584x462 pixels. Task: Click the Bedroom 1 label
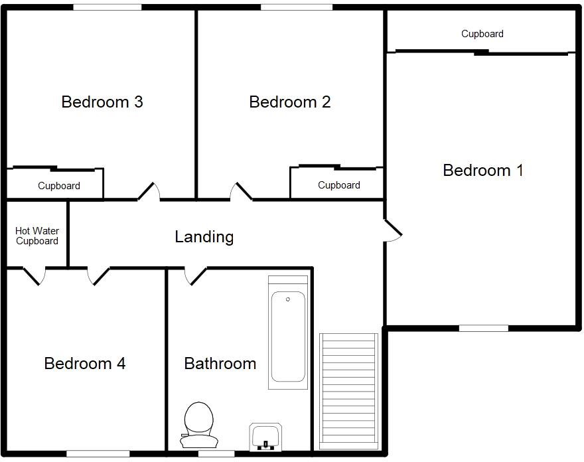(x=482, y=171)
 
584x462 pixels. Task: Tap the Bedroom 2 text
(x=289, y=102)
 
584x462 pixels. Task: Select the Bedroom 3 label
(x=102, y=102)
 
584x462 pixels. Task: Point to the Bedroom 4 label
(x=84, y=364)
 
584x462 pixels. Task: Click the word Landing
(x=204, y=237)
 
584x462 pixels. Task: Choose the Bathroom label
(x=220, y=364)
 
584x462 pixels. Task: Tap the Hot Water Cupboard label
(x=37, y=236)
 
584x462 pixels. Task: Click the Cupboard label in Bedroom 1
(x=482, y=34)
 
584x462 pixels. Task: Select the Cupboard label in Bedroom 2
(x=338, y=185)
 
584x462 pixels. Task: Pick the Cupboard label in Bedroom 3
(x=59, y=186)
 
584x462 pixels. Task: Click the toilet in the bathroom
(x=198, y=425)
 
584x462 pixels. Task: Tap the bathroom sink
(x=267, y=436)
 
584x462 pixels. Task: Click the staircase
(x=348, y=391)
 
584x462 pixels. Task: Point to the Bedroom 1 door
(x=393, y=230)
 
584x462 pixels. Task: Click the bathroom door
(x=195, y=276)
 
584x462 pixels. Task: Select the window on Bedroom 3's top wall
(x=107, y=7)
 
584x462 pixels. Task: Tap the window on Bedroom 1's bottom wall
(x=484, y=328)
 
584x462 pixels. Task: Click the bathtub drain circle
(x=288, y=299)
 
